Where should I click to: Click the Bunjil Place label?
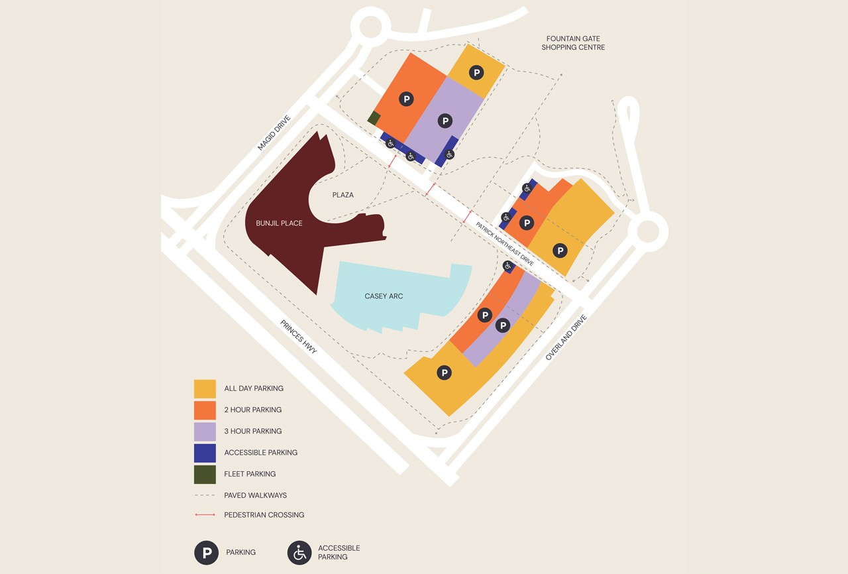point(279,223)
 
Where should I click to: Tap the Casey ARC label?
point(384,296)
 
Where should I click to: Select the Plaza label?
point(343,195)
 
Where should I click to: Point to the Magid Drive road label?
point(274,133)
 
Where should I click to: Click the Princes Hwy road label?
point(299,337)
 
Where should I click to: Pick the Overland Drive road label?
point(566,338)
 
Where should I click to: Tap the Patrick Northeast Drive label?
point(504,244)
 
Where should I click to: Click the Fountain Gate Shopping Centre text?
point(573,43)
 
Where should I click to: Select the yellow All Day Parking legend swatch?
point(205,389)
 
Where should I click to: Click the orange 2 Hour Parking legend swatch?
point(205,410)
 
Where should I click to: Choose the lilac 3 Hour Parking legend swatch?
point(205,431)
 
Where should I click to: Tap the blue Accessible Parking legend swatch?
point(205,453)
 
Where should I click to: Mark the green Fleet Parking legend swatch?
point(205,474)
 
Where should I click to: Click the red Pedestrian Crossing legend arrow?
point(205,515)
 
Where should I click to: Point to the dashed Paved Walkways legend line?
point(205,495)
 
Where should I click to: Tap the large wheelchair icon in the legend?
point(299,553)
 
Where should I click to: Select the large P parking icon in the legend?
point(207,553)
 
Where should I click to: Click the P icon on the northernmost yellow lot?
point(476,73)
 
